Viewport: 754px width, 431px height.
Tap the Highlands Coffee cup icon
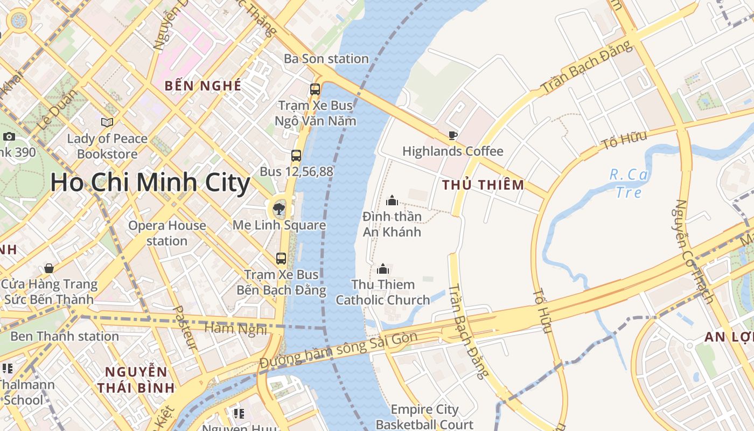coord(452,135)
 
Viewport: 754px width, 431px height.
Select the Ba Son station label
coord(326,59)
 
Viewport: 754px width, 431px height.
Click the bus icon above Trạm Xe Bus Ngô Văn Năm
coord(315,89)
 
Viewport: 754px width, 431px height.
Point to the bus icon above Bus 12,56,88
coord(296,156)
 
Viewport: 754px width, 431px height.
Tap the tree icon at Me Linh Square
coord(278,209)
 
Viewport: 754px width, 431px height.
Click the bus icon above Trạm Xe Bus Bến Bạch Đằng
coord(281,259)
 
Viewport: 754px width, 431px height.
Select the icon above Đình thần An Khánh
coord(392,200)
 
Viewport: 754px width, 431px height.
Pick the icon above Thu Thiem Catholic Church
coord(383,268)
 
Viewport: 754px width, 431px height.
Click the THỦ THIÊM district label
coord(483,185)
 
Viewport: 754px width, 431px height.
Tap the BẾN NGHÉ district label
coord(203,86)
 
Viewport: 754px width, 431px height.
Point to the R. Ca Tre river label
coord(629,183)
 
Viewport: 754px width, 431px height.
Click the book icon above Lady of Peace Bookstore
coord(107,122)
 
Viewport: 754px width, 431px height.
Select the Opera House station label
coord(167,233)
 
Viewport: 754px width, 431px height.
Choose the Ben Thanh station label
coord(65,336)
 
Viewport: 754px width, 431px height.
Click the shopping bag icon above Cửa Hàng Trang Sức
coord(49,268)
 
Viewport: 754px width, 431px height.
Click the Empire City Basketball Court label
coord(424,417)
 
